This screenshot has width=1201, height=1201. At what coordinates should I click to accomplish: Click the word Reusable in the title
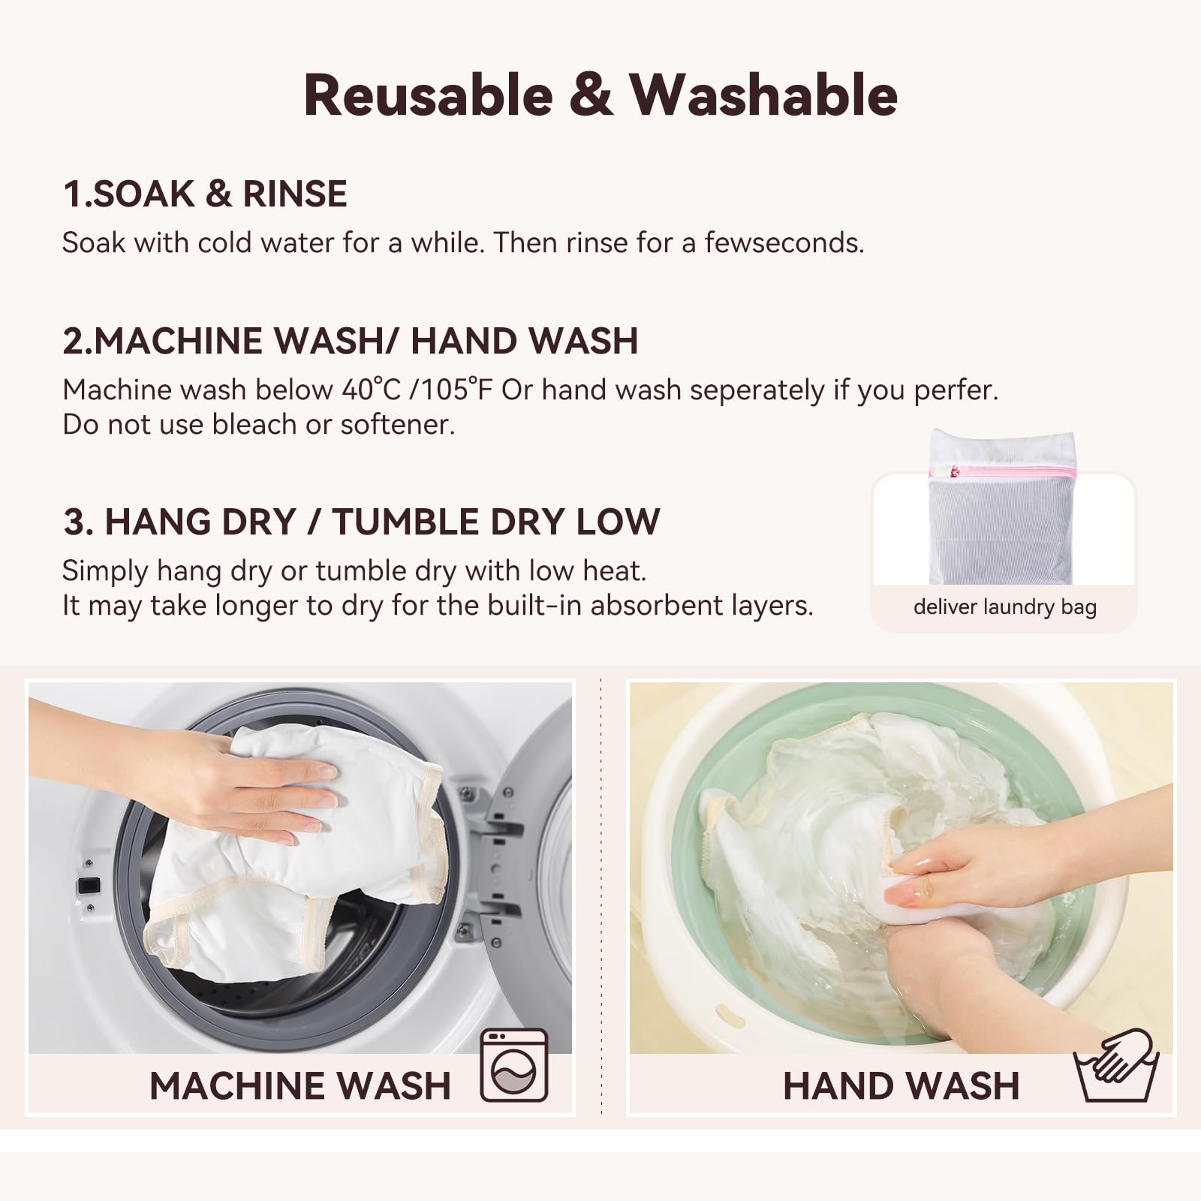(428, 96)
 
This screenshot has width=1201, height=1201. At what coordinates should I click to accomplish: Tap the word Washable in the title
(763, 96)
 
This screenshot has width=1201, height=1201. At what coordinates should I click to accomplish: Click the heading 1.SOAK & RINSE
(205, 194)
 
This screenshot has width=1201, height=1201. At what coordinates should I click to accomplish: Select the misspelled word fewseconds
(784, 243)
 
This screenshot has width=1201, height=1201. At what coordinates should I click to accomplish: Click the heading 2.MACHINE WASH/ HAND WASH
(350, 341)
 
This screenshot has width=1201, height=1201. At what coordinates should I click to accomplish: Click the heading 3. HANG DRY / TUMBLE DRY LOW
(361, 522)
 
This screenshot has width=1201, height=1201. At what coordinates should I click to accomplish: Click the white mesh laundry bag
(1001, 525)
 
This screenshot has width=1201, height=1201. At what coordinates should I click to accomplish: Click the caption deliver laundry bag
(1004, 607)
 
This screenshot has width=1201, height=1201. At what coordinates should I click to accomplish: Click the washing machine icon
(514, 1065)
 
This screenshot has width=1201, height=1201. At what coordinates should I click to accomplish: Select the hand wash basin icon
(1116, 1065)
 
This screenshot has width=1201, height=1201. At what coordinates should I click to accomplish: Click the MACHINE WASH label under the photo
(299, 1086)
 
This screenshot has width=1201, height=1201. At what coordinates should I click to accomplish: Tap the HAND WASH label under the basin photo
(901, 1086)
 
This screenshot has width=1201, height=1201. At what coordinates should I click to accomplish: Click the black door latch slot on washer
(86, 885)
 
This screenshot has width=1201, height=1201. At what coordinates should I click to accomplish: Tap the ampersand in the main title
(591, 96)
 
